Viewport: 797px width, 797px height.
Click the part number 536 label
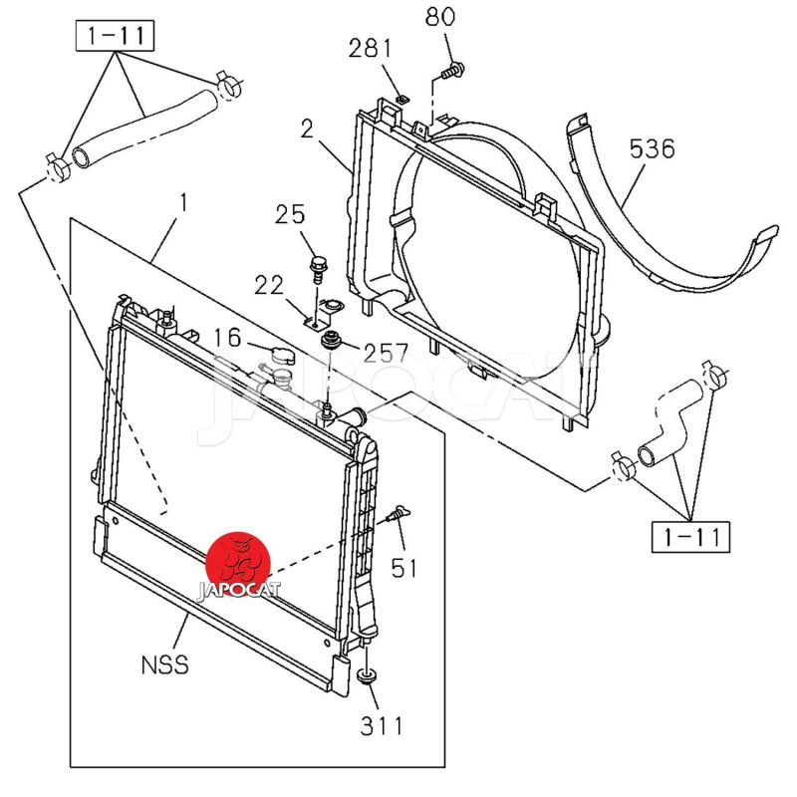653,149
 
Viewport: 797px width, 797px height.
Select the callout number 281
371,49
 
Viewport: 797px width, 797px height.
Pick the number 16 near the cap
227,338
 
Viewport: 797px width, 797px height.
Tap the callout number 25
290,213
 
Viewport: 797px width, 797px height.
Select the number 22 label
269,285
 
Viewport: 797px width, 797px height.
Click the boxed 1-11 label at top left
114,38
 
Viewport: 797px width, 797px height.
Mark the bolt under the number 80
450,70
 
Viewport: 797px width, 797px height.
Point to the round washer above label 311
367,678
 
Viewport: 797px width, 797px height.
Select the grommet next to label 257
330,342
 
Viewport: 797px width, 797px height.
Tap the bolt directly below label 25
316,267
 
